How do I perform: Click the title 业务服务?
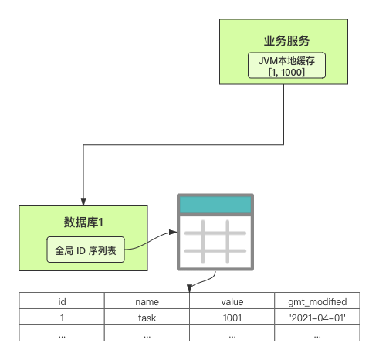pos(286,41)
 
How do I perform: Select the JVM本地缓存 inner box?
pos(286,66)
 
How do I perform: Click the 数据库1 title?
pos(83,222)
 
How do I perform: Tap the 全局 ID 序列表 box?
pos(86,250)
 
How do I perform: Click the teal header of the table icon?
pos(215,205)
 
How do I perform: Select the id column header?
pos(62,301)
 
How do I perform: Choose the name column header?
pos(147,301)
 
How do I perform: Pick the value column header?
pos(232,301)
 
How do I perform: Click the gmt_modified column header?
pos(317,301)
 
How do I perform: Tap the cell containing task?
pos(147,317)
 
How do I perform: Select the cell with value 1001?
pos(232,317)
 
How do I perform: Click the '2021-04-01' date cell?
pos(317,317)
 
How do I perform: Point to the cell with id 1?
pos(62,317)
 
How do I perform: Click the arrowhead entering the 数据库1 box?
pos(83,202)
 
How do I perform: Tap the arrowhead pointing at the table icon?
pos(173,233)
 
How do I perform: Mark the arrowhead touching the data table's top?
pos(190,288)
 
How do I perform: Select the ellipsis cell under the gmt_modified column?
pos(317,333)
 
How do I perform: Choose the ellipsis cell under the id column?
pos(62,333)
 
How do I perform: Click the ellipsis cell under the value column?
pos(232,333)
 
